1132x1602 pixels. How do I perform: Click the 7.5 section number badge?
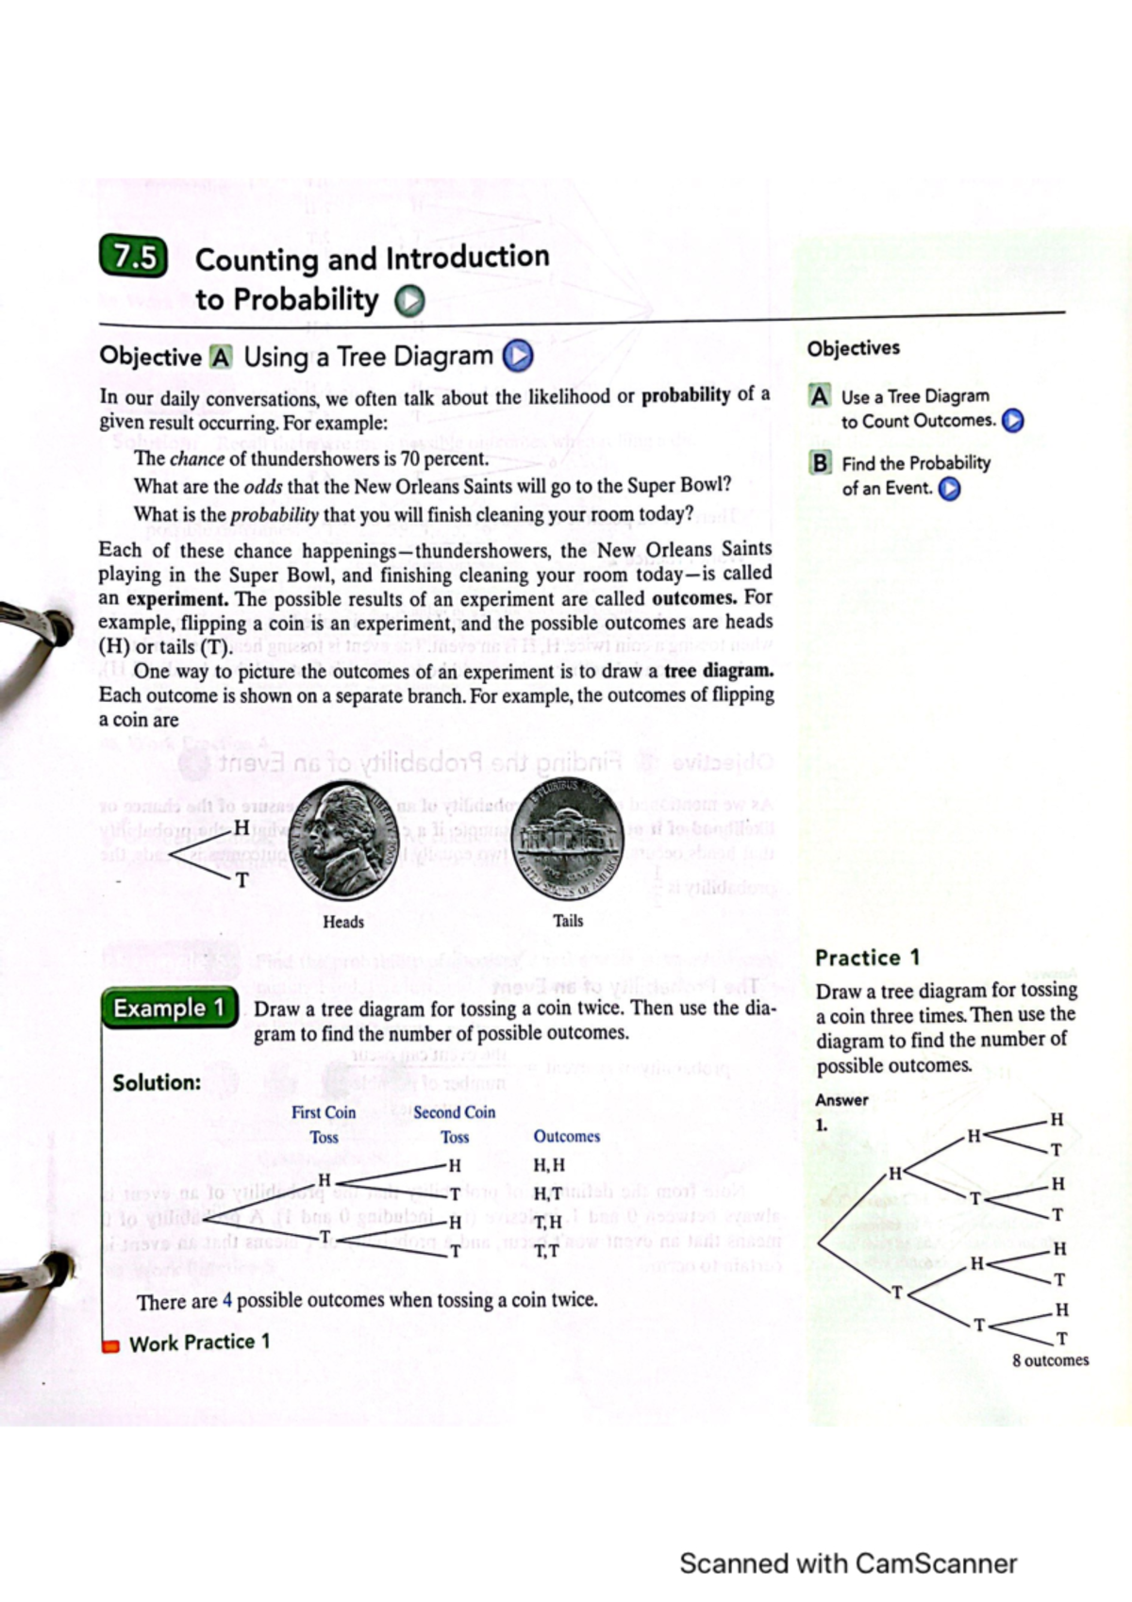tap(133, 258)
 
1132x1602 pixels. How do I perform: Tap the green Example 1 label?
tap(169, 1009)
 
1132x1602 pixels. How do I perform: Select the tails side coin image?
tap(568, 836)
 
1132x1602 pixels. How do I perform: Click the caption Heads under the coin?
tap(343, 922)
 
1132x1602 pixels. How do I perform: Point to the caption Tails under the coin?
tap(568, 921)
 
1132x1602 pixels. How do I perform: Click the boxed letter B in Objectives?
tap(821, 463)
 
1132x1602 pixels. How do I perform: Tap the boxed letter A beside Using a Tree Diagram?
tap(220, 358)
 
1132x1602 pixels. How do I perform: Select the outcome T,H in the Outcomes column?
tap(547, 1223)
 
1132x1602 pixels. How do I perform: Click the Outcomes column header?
tap(566, 1137)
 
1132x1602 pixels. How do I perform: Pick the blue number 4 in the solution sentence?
tap(227, 1300)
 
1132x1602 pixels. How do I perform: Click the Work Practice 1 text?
tap(199, 1343)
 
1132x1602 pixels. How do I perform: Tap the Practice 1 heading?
tap(867, 958)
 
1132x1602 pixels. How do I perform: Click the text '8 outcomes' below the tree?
tap(1050, 1360)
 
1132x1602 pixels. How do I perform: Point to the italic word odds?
tap(263, 487)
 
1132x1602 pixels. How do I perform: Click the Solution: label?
tap(157, 1082)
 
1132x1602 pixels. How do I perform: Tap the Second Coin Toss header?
tap(454, 1125)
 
